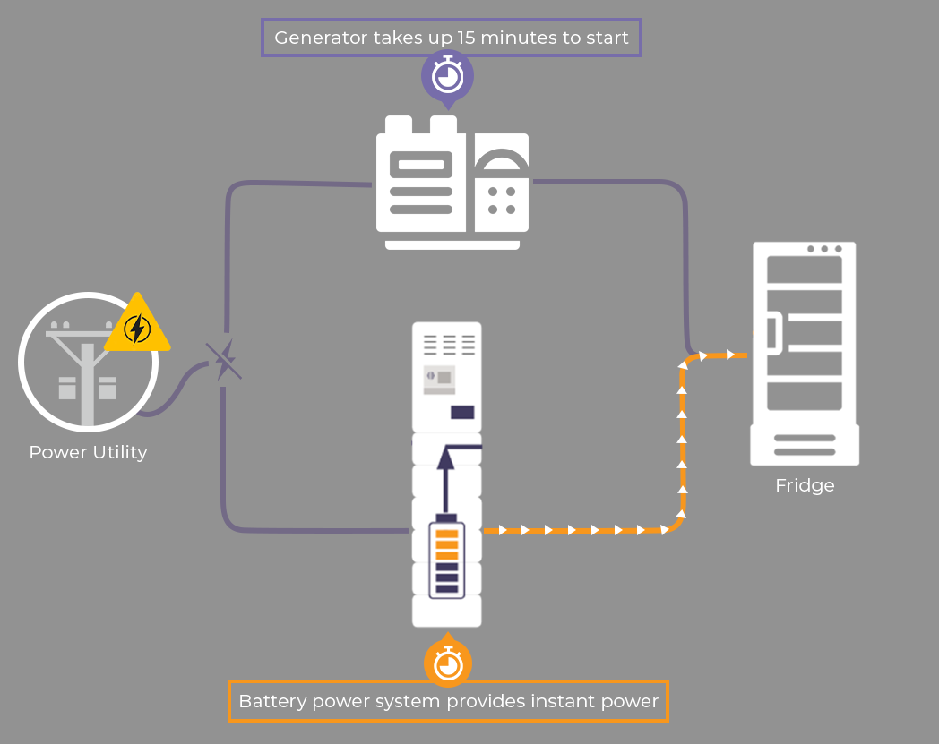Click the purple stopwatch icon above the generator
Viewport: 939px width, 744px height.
[x=447, y=77]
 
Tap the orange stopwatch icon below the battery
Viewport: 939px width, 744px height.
[x=448, y=661]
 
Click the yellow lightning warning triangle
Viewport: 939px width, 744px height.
[x=137, y=323]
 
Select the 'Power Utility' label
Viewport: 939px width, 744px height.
[x=88, y=452]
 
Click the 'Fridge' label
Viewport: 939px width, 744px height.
[x=805, y=485]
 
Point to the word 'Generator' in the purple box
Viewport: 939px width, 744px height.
[x=321, y=38]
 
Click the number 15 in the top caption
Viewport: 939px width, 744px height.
[x=466, y=38]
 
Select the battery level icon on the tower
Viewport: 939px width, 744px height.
[x=447, y=557]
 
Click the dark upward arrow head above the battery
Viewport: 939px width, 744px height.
[x=445, y=458]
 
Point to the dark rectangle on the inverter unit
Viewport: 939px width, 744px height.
[x=462, y=413]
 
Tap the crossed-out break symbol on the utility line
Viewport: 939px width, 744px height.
[x=223, y=360]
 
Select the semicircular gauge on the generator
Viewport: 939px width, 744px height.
[x=502, y=158]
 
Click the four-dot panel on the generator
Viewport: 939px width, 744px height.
[x=502, y=201]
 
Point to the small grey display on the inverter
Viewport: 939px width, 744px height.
[x=440, y=381]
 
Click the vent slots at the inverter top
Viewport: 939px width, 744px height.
[x=449, y=345]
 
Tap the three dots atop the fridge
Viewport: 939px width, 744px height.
[x=824, y=249]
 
